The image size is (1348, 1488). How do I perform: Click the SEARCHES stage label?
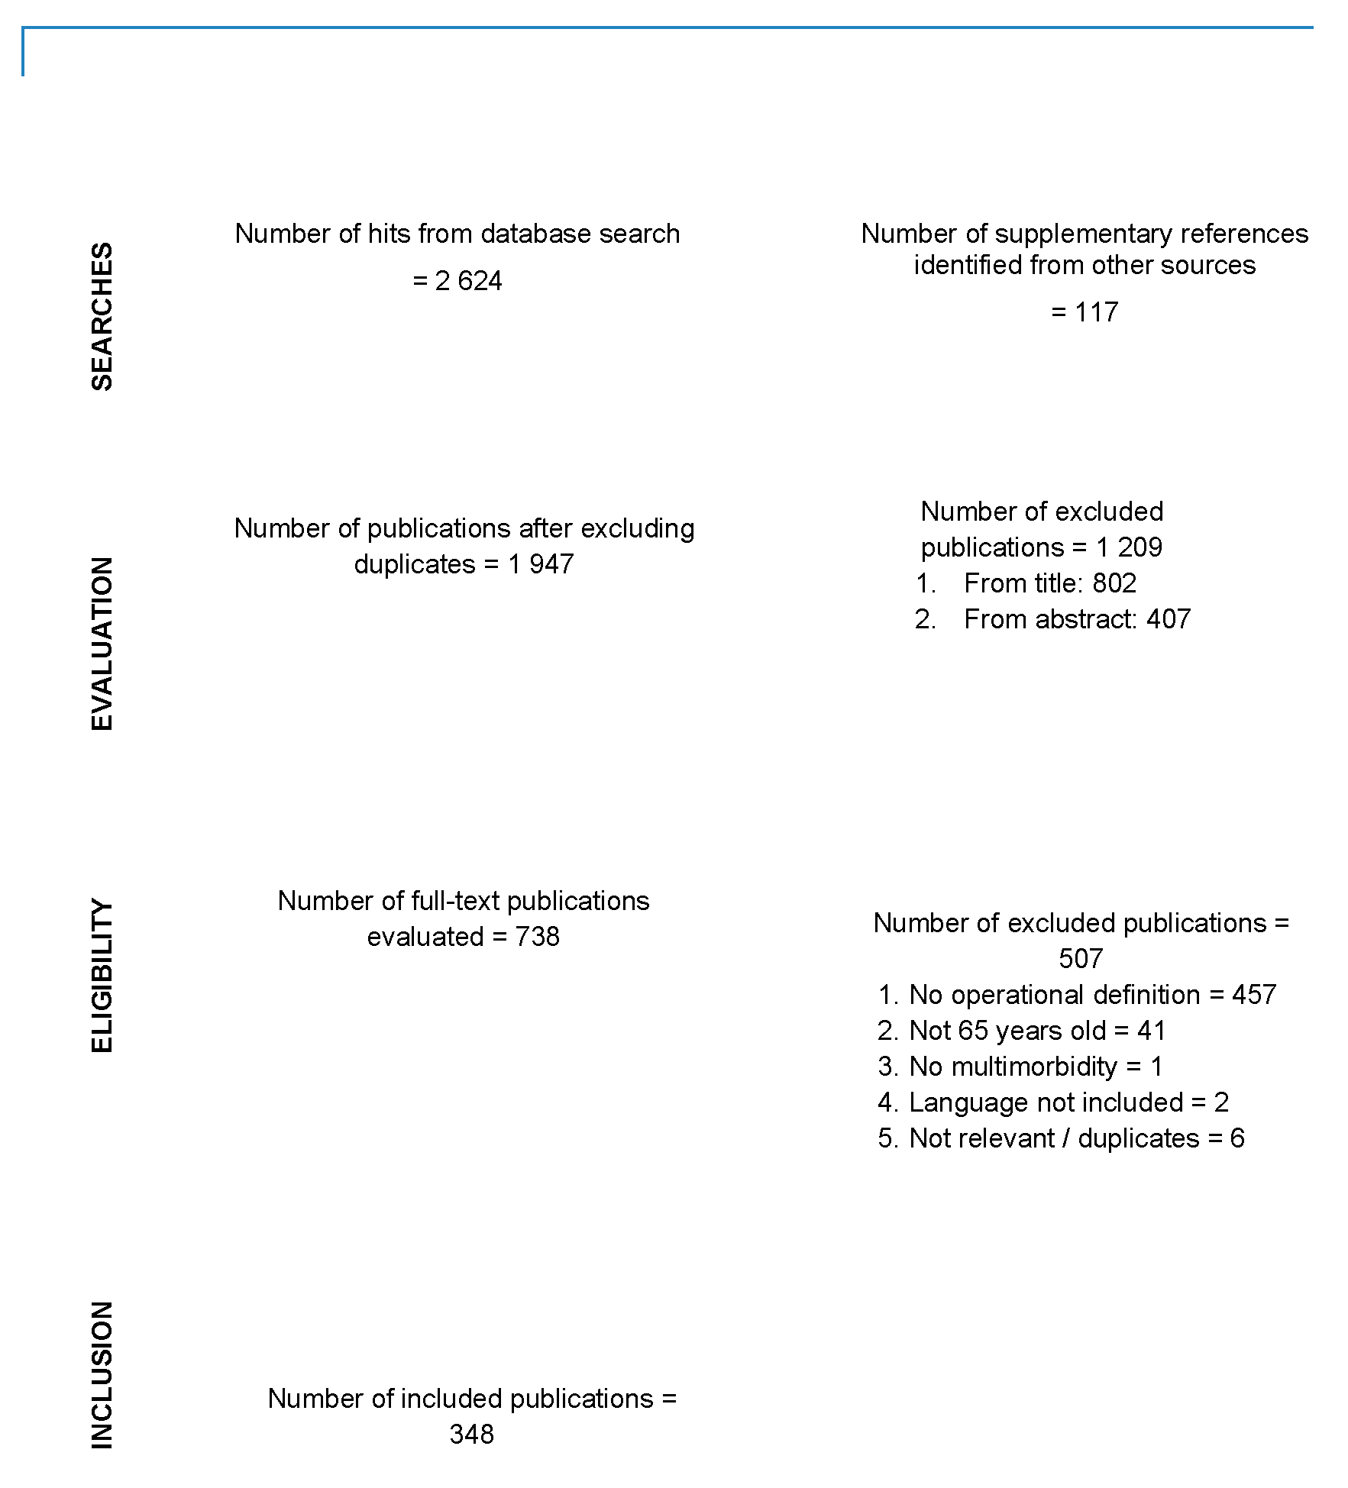tap(102, 317)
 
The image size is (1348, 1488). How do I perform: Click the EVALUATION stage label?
tap(102, 644)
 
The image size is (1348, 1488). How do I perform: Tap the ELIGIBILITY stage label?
tap(102, 976)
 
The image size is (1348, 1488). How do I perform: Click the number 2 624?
tap(468, 281)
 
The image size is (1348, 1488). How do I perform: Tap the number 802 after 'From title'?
tap(1114, 583)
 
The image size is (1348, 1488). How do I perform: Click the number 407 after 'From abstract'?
tap(1168, 619)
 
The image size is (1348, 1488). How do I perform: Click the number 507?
tap(1081, 959)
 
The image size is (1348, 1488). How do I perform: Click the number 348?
tap(472, 1435)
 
